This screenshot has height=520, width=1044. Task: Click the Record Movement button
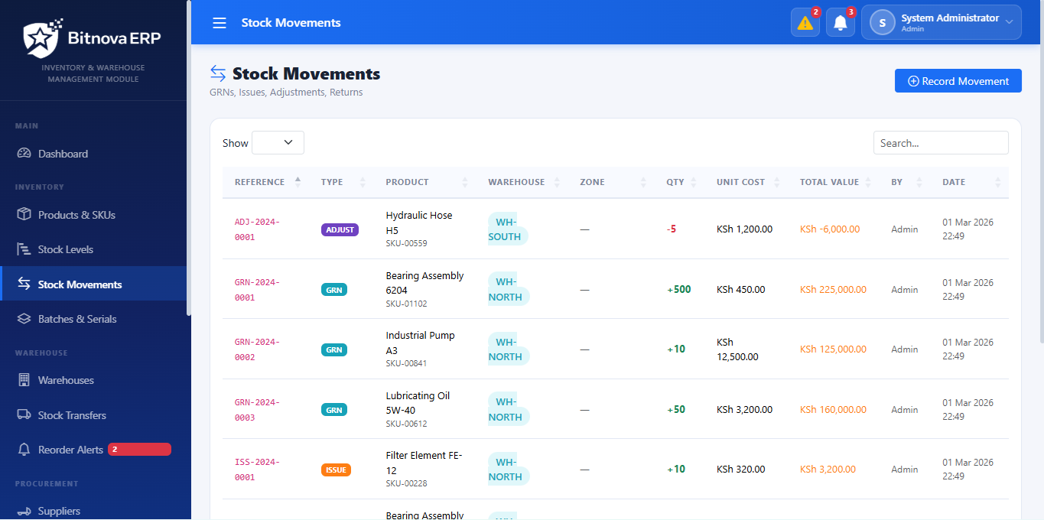pos(958,81)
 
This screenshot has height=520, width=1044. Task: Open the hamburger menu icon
pos(220,23)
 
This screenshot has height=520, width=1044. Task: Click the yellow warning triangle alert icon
pos(805,23)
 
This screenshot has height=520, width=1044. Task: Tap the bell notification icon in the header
pos(840,23)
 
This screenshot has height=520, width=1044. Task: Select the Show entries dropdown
pos(278,143)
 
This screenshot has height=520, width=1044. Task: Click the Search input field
pos(940,143)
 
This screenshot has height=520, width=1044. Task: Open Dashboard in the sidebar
pos(63,154)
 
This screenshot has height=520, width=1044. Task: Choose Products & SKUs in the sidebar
pos(76,215)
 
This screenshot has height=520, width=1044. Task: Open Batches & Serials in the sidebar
pos(77,319)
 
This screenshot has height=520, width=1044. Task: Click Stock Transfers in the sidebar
pos(72,415)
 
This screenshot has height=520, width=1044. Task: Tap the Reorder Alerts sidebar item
pos(70,450)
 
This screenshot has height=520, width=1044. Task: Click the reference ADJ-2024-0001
pos(257,229)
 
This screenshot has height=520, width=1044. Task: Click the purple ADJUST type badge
pos(340,229)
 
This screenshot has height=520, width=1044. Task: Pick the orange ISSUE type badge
pos(336,470)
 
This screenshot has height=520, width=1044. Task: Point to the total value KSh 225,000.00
pos(833,290)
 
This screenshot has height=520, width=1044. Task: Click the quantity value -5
pos(672,229)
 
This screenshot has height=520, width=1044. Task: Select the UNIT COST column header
pos(740,182)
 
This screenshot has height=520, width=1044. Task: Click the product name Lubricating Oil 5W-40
pos(418,403)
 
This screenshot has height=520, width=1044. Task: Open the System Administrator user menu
pos(941,23)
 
